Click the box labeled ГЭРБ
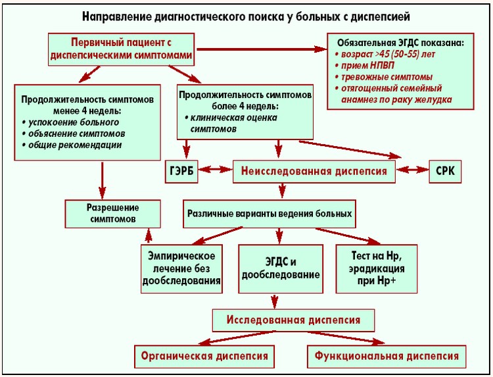182,172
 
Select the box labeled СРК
445,172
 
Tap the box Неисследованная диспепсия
315,172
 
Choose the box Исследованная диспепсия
294,320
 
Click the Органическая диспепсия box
204,356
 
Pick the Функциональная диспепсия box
387,356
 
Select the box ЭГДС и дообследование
281,268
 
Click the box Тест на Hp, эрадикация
374,268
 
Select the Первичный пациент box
122,49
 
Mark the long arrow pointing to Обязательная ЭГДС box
263,49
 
